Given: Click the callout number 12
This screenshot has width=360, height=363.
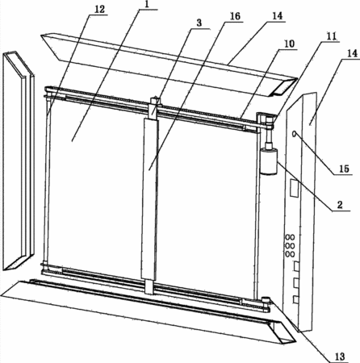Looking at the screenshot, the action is (98, 9).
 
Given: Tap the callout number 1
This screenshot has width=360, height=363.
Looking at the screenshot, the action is (147, 5).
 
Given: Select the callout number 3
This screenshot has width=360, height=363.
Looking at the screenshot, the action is (199, 23).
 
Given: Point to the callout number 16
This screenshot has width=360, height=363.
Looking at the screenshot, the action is (234, 16).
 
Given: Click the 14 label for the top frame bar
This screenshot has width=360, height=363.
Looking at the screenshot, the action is (277, 16).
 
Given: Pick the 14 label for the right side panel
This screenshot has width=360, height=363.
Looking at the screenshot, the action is (352, 53).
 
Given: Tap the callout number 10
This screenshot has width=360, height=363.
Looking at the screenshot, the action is (289, 44).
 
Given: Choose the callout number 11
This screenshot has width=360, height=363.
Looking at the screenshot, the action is (332, 36).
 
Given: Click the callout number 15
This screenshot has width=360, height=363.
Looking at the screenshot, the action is (344, 169).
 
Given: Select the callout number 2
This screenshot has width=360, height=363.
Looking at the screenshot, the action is (340, 205).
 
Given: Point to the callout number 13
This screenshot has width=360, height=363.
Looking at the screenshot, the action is (340, 357).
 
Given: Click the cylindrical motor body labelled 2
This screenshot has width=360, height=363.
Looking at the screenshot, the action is (269, 163).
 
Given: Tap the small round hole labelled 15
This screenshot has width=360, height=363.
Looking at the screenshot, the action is (294, 133).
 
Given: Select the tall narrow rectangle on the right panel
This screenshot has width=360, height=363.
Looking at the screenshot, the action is (294, 188).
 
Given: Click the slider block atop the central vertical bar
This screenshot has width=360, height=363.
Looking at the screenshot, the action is (154, 107).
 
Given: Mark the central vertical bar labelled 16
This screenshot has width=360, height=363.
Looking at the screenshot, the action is (149, 199).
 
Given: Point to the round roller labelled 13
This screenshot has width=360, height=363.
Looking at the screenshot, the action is (266, 299).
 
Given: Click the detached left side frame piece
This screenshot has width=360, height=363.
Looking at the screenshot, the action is (19, 161).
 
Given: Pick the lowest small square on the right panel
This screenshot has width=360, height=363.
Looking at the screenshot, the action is (295, 299).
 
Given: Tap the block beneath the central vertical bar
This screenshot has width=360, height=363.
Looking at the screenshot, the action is (149, 286).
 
